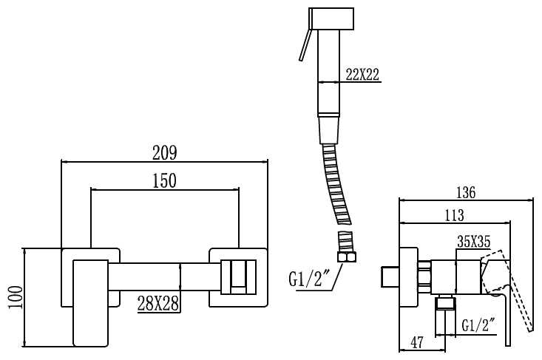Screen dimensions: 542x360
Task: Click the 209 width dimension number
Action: tap(165, 153)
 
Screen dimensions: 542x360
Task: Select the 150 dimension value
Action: tap(165, 180)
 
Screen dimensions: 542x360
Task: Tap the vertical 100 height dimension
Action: tap(16, 297)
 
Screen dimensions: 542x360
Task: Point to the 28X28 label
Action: tap(158, 304)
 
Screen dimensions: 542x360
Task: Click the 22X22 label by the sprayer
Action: tap(362, 74)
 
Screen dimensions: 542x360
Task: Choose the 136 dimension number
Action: tap(466, 192)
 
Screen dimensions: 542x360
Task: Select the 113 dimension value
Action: tap(454, 215)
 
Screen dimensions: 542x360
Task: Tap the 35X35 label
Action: tap(473, 242)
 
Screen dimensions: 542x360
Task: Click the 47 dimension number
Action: tap(417, 342)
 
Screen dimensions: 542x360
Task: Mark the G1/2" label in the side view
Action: tap(478, 325)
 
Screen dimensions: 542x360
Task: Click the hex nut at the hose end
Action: tap(346, 257)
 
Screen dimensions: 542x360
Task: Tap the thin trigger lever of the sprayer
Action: tap(305, 45)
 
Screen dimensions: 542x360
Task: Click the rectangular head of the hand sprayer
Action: tap(331, 18)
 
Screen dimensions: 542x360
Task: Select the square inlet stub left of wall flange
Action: tap(390, 276)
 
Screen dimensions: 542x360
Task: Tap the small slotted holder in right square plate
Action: tap(239, 277)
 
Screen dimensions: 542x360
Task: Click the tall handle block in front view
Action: tap(90, 303)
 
